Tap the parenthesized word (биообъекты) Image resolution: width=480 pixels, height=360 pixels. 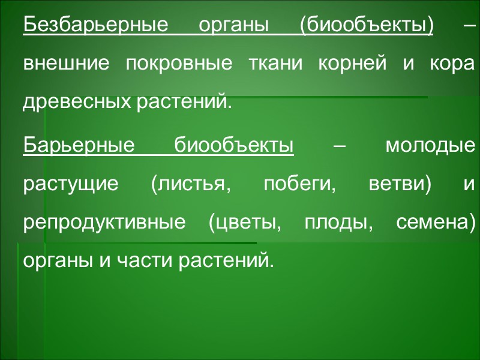pos(366,27)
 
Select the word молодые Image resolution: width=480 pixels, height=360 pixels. pos(429,146)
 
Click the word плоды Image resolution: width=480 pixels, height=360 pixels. pos(333,221)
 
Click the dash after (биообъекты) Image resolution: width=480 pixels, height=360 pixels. pos(470,27)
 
